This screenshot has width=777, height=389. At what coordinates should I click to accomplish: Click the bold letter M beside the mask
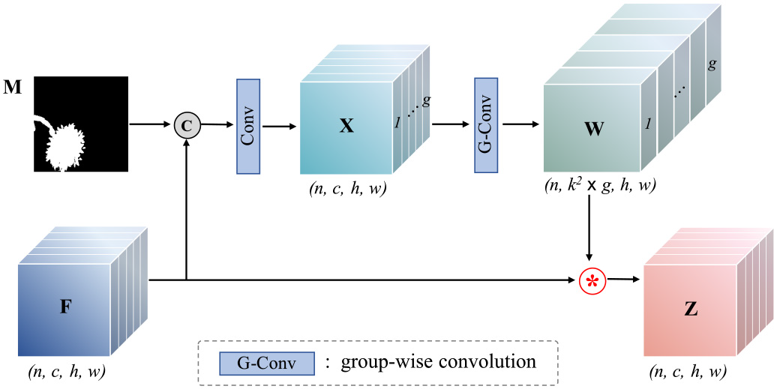pos(12,88)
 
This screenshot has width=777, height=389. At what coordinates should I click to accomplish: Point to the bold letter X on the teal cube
pos(346,126)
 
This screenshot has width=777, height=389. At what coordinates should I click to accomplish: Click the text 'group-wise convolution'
pos(439,363)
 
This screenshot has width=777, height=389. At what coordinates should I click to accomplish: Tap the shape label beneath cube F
pos(65,370)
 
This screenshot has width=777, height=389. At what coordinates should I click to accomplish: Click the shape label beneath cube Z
pos(690,370)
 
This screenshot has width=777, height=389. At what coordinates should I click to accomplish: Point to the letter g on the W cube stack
pos(712,64)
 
